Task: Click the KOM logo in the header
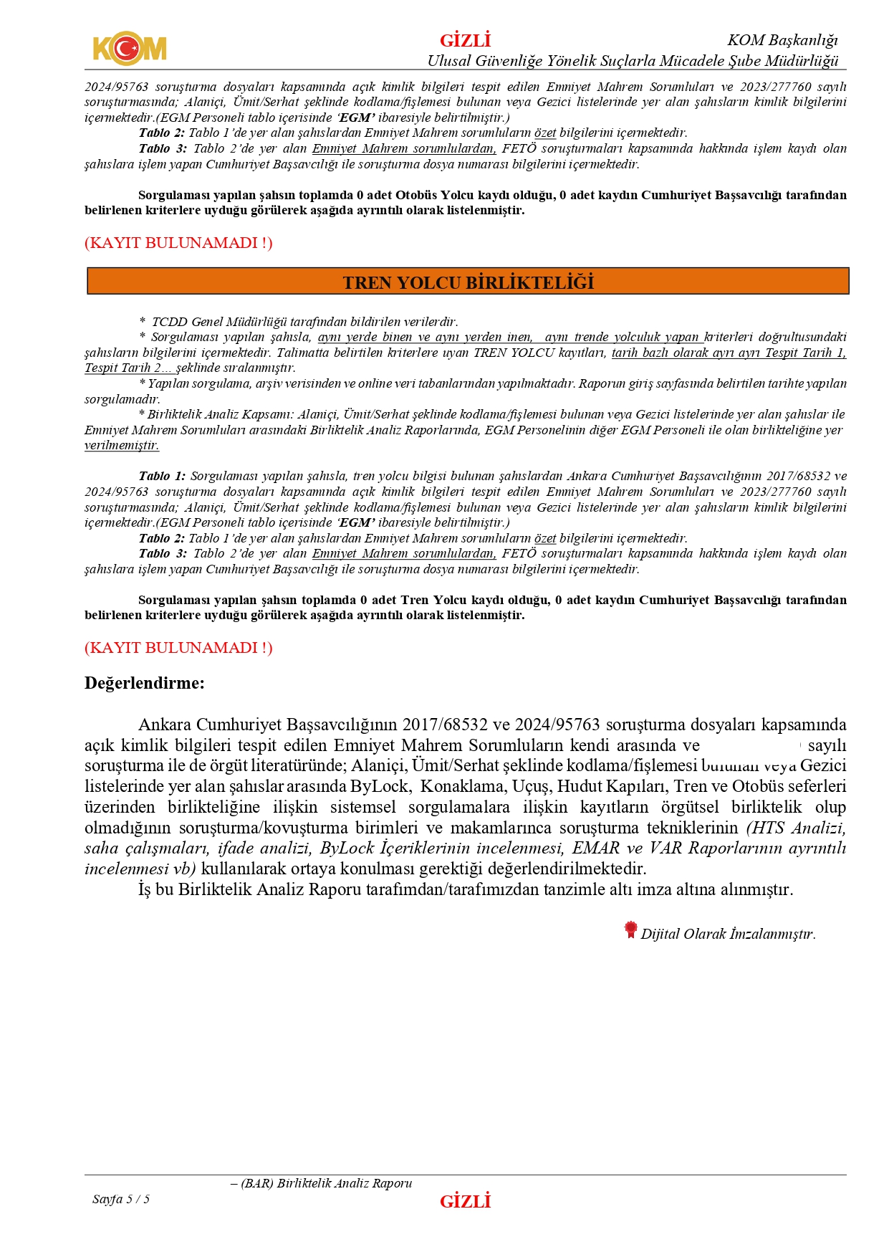point(129,49)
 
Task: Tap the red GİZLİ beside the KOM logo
point(465,40)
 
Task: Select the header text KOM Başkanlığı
point(782,40)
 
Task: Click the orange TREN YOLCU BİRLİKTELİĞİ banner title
point(468,282)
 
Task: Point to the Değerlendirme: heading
point(145,683)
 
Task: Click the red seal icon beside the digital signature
point(630,929)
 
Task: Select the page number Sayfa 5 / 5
point(121,1199)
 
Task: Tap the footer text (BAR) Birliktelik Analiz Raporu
point(327,1183)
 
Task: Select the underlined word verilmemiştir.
point(122,445)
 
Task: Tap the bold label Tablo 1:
point(162,476)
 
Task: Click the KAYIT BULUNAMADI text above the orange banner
point(178,243)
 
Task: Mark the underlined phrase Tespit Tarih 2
point(122,368)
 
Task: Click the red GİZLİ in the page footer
point(465,1201)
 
